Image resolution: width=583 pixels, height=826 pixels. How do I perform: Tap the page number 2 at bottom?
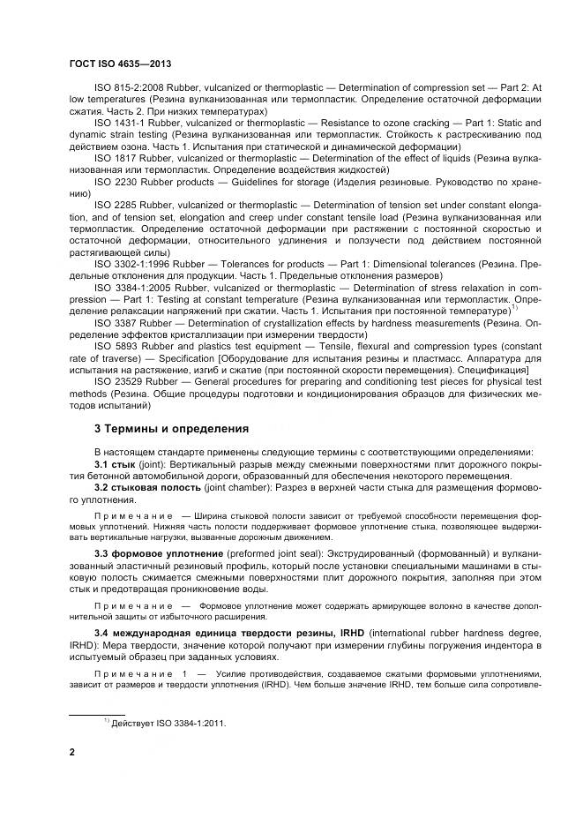pyautogui.click(x=72, y=752)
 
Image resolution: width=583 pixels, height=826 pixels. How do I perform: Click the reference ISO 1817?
pyautogui.click(x=111, y=156)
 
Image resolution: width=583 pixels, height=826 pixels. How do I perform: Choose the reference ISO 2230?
pyautogui.click(x=111, y=179)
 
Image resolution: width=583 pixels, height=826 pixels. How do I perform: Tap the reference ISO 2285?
pyautogui.click(x=111, y=202)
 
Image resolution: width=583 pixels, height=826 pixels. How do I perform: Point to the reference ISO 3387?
pyautogui.click(x=111, y=323)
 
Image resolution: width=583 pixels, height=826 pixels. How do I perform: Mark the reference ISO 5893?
pyautogui.click(x=111, y=346)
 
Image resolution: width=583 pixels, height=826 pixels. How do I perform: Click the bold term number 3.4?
pyautogui.click(x=102, y=634)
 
